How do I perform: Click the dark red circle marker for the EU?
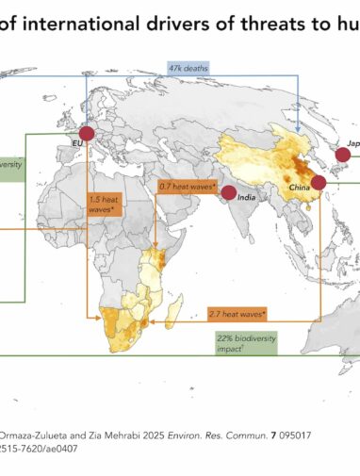pyautogui.click(x=87, y=134)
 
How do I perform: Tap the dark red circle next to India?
pyautogui.click(x=228, y=193)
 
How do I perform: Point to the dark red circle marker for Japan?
pyautogui.click(x=342, y=155)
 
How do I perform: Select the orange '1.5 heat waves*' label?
pyautogui.click(x=103, y=205)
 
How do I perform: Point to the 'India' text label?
pyautogui.click(x=247, y=198)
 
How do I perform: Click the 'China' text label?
pyautogui.click(x=300, y=189)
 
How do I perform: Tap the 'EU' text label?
pyautogui.click(x=76, y=143)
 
